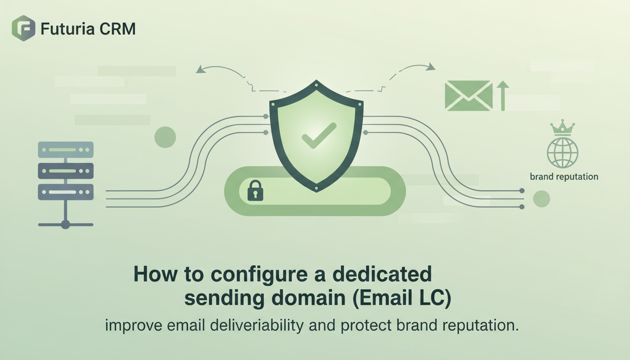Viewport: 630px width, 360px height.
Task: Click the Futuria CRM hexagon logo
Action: click(x=23, y=28)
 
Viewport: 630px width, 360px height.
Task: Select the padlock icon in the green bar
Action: click(x=255, y=191)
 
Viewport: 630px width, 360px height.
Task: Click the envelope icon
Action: click(x=468, y=96)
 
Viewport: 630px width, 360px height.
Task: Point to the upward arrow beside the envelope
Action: click(x=502, y=95)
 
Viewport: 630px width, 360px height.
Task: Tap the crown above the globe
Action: click(x=562, y=127)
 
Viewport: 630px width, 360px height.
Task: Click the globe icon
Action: click(x=562, y=152)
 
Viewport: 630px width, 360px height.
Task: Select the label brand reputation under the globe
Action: click(x=564, y=177)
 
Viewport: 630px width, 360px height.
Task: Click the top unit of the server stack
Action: click(x=66, y=150)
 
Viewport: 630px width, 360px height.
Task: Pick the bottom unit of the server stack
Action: click(x=66, y=192)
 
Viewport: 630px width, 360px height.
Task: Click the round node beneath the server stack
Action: click(x=66, y=225)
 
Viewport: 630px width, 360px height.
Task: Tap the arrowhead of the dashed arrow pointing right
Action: click(x=430, y=67)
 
